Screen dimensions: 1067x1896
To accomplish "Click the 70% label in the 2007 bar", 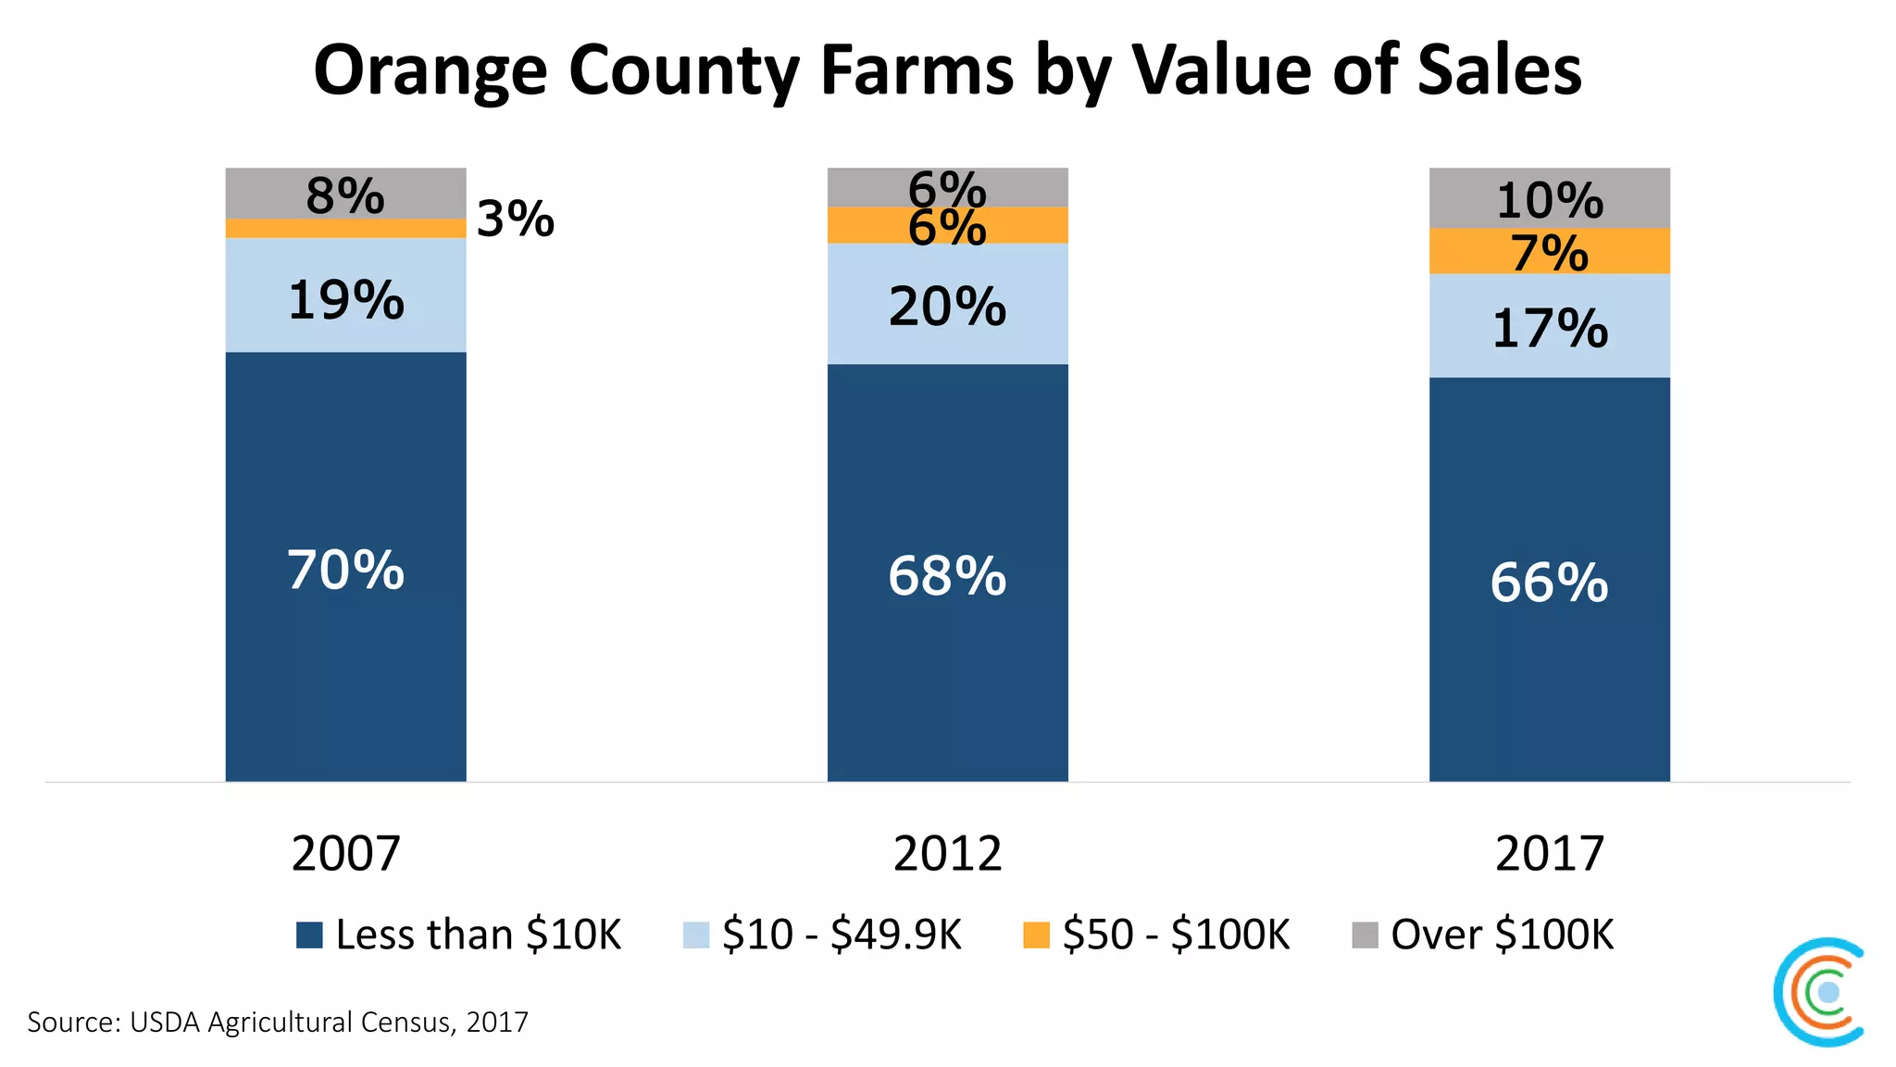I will (x=345, y=570).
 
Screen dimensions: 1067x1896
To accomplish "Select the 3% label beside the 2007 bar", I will (x=515, y=220).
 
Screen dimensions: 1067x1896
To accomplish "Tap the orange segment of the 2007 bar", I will (x=345, y=229).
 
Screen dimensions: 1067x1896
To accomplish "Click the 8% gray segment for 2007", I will (x=345, y=194).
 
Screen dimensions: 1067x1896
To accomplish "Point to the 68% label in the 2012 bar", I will (x=947, y=576).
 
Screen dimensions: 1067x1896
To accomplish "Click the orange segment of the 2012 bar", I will (x=947, y=225).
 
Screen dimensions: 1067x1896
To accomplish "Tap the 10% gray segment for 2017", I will (x=1549, y=198).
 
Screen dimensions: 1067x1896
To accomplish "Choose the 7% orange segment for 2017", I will (x=1549, y=251).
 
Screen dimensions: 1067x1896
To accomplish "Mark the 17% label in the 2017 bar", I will (x=1549, y=329).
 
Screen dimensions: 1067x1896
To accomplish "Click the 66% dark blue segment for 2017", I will (x=1549, y=581).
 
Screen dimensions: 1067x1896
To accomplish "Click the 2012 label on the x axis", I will (x=947, y=853).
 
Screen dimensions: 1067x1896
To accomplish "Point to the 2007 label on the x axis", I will (x=345, y=853).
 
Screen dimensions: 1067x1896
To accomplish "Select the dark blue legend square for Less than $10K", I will (x=309, y=935).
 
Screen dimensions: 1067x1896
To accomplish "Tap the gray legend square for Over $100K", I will (x=1365, y=935).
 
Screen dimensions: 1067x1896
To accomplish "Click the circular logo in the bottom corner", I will (x=1819, y=992).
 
